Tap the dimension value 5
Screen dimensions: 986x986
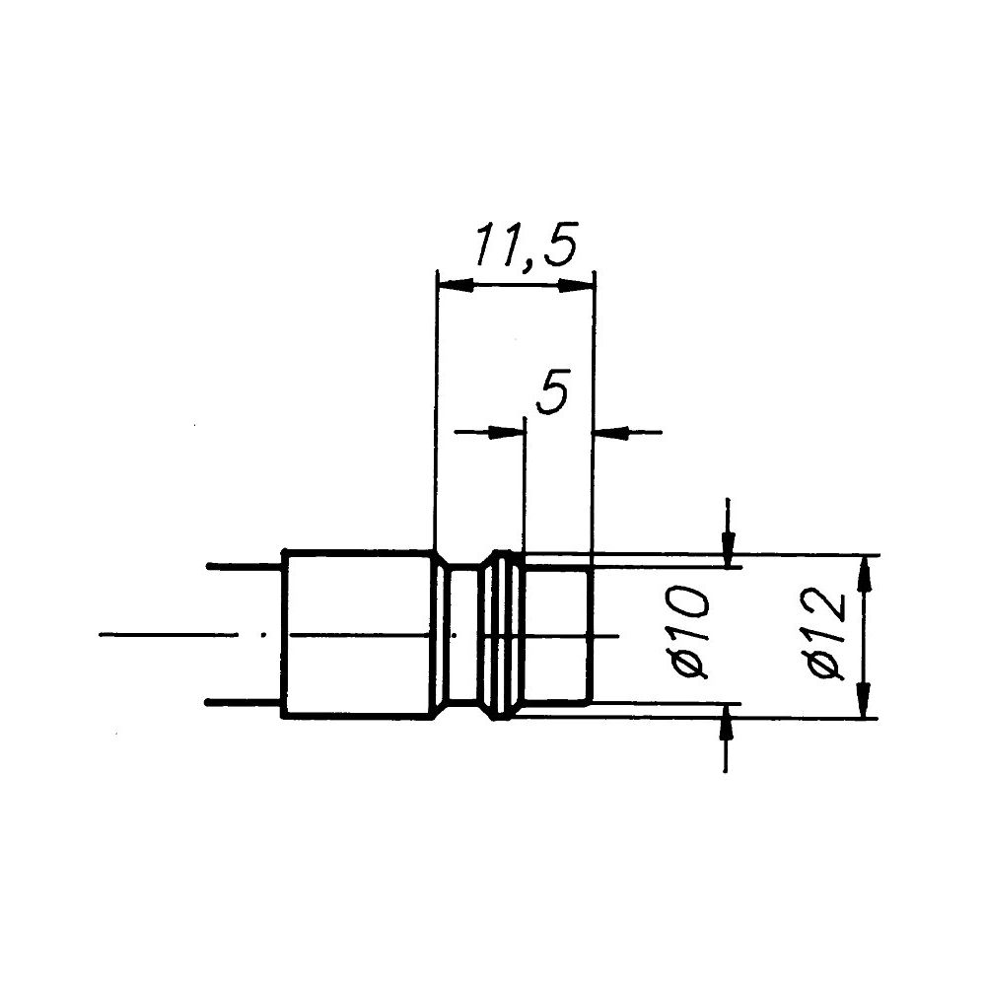tap(553, 394)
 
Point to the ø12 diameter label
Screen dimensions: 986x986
tap(823, 633)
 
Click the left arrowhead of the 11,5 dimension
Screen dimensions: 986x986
tap(454, 285)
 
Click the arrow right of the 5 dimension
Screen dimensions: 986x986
tap(609, 431)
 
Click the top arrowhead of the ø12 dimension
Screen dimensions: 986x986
tap(864, 572)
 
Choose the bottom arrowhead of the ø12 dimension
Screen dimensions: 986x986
tap(864, 702)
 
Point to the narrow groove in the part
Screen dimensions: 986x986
tap(463, 634)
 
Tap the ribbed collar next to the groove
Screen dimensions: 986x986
tap(505, 634)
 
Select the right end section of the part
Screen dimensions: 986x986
tap(557, 634)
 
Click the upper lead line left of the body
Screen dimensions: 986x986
tap(244, 566)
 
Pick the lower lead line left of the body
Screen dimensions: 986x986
tap(244, 702)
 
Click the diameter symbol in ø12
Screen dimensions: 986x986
tap(823, 667)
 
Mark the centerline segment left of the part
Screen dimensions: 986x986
tap(168, 635)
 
